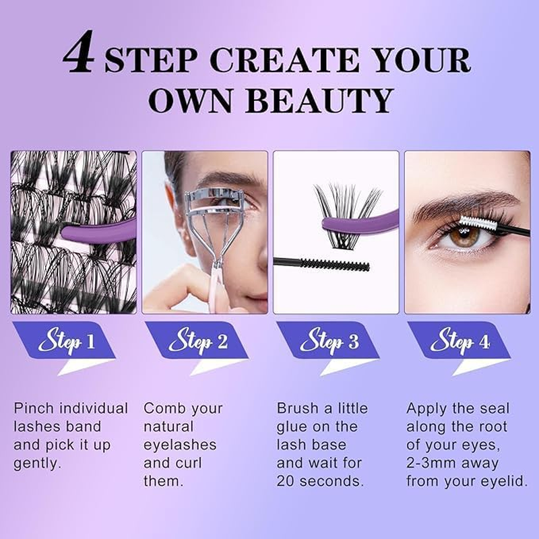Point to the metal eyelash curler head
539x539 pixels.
214,197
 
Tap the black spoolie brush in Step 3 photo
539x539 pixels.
337,263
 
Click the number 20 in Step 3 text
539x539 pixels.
287,482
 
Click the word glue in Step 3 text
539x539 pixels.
291,426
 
